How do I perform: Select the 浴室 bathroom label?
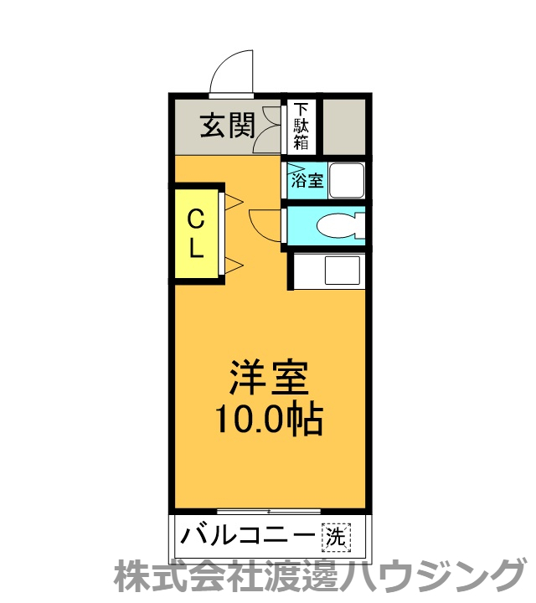307,180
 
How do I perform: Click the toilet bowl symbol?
340,226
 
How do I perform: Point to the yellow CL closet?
196,234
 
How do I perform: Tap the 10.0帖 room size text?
270,419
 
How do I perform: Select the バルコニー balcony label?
248,535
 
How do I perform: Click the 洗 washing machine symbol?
335,537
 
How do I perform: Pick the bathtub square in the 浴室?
344,180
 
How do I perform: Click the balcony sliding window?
268,511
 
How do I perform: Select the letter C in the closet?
195,219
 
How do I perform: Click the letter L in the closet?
195,249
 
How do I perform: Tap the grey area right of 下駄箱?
343,126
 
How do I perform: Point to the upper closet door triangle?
233,202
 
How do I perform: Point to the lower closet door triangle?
233,265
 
